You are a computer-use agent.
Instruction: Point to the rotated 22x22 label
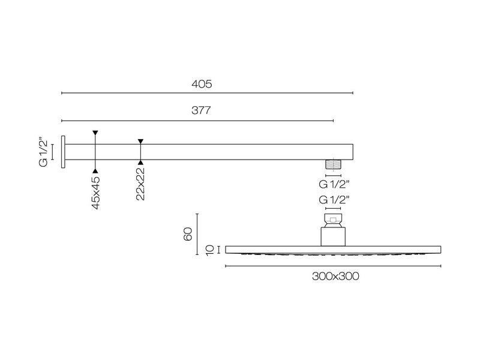[140, 184]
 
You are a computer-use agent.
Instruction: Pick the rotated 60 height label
[187, 234]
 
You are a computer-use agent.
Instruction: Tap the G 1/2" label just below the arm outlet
[334, 184]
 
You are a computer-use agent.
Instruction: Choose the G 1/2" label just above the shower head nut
[334, 199]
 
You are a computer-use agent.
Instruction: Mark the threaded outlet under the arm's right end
[334, 163]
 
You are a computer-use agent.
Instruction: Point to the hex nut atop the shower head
[334, 219]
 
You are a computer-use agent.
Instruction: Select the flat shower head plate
[334, 249]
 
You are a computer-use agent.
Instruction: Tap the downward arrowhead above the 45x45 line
[95, 133]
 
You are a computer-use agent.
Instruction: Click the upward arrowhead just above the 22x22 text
[140, 162]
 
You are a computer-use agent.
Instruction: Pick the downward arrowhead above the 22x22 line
[140, 142]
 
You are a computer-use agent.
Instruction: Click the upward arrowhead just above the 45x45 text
[95, 171]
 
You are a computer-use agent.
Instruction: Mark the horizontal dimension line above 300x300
[333, 265]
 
